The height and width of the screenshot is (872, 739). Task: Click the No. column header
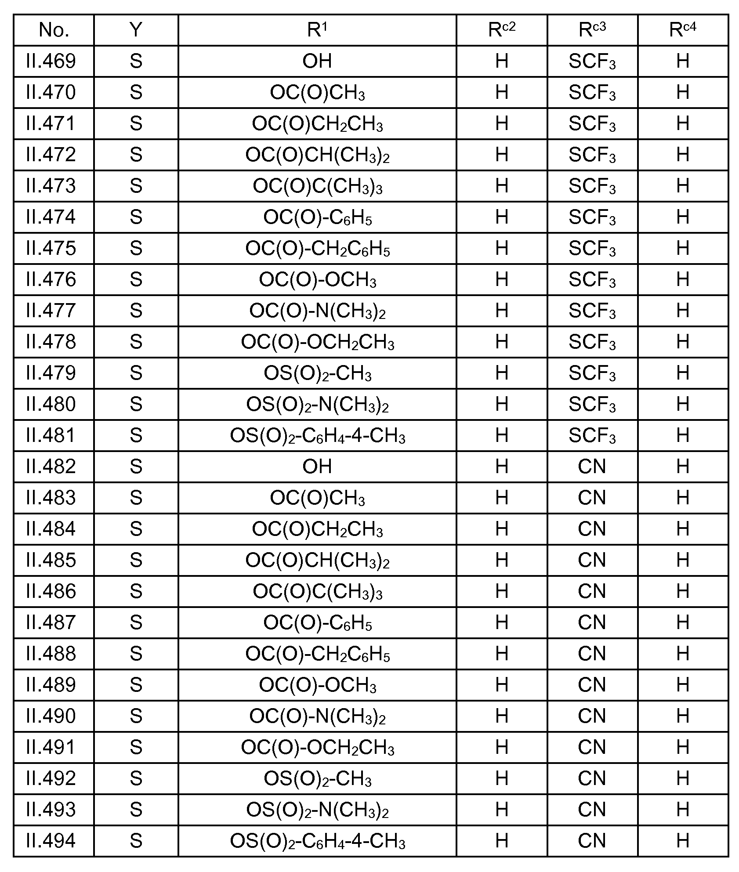(54, 30)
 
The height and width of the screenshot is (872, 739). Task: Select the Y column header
(136, 30)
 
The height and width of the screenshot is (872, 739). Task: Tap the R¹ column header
(317, 30)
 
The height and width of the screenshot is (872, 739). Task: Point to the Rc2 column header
(502, 30)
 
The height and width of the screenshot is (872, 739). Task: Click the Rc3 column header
(592, 30)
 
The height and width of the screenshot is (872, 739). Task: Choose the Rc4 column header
(682, 30)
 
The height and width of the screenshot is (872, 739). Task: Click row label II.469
(51, 61)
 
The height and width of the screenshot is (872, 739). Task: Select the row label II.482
(51, 467)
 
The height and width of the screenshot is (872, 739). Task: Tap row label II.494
(51, 841)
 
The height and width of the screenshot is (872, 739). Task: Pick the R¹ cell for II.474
(317, 217)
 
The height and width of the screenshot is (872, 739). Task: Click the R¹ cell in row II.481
(317, 435)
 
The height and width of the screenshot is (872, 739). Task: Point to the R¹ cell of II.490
(317, 716)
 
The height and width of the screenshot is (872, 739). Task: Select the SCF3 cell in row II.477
(592, 311)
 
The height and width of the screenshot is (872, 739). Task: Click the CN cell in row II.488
(592, 654)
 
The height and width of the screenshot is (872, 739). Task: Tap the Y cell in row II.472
(136, 155)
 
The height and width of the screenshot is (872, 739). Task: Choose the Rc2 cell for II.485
(502, 560)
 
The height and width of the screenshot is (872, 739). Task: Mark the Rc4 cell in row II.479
(682, 373)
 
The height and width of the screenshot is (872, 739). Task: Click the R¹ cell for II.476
(317, 279)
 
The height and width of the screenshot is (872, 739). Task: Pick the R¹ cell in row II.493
(317, 810)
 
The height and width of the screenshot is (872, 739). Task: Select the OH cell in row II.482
(317, 467)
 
